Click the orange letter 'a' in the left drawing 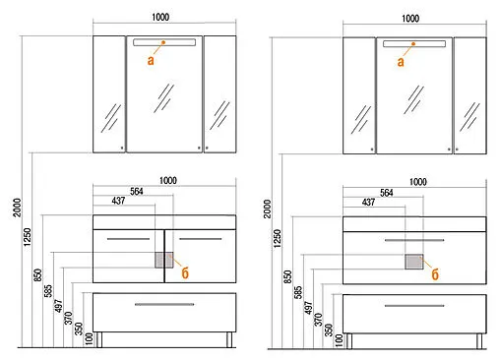tap(151, 60)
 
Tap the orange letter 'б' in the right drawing tap(435, 274)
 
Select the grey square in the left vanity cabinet tap(164, 260)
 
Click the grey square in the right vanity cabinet tap(414, 262)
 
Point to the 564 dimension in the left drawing tap(137, 191)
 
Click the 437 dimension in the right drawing tap(368, 202)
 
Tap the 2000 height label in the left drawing tap(17, 208)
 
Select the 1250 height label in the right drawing tap(278, 239)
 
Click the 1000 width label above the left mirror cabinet tap(160, 17)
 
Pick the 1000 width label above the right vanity tap(418, 182)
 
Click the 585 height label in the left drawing tap(48, 291)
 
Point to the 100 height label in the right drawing tap(339, 340)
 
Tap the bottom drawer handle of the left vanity tap(164, 304)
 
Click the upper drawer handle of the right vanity tap(414, 240)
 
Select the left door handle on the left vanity tap(128, 239)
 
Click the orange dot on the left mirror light tap(163, 42)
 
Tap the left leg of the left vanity tap(99, 339)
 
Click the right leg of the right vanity tap(479, 341)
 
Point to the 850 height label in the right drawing tap(287, 276)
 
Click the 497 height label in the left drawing tap(58, 306)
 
